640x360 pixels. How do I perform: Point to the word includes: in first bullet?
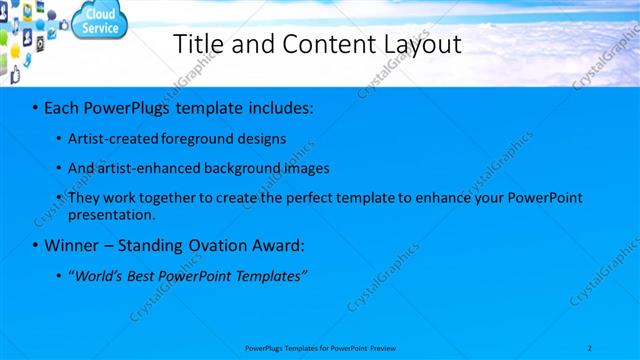coord(276,106)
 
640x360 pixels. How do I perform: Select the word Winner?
coord(74,245)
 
